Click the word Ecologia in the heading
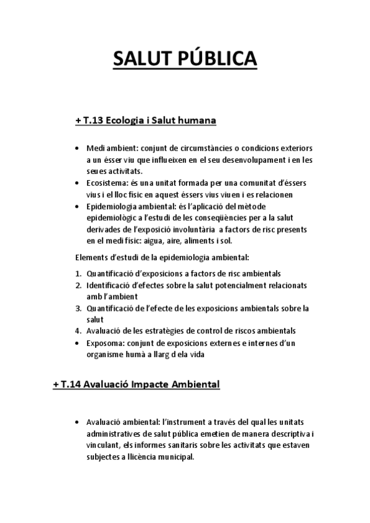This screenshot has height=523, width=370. pos(125,120)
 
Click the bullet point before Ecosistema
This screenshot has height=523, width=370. pos(75,184)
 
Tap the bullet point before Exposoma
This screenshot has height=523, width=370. pos(75,343)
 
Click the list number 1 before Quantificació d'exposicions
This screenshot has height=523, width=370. pos(78,273)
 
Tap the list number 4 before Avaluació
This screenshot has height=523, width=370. pos(78,331)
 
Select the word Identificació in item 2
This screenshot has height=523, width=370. pos(108,285)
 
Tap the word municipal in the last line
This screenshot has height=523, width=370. pos(174,457)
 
